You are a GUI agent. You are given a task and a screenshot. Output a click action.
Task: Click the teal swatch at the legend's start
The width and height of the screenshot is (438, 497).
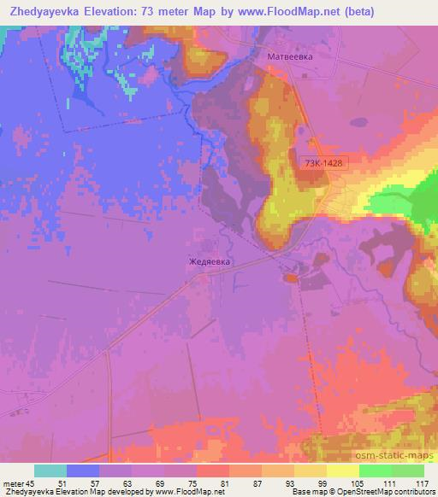click(x=50, y=471)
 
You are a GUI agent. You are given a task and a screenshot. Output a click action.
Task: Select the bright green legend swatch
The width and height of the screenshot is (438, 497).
click(x=375, y=471)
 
